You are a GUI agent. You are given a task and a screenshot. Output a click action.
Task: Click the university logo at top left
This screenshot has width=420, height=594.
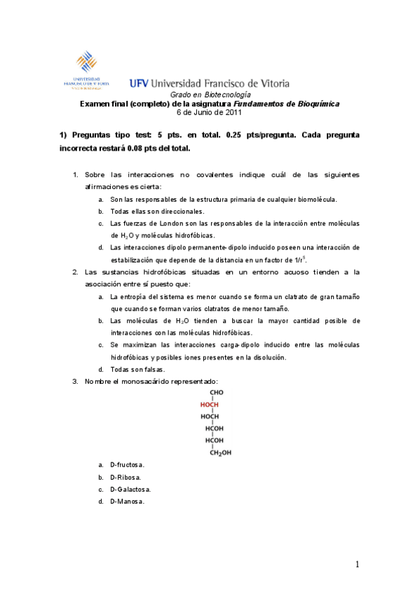86,70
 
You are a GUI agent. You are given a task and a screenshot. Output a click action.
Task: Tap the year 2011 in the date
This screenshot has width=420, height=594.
233,111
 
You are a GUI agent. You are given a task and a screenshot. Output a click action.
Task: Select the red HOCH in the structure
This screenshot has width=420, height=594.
210,405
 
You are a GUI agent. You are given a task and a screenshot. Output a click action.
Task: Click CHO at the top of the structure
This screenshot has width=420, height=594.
216,393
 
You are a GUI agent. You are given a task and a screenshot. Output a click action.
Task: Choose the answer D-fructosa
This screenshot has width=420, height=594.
128,465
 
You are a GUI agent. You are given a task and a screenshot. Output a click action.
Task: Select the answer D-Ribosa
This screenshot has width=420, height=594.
126,477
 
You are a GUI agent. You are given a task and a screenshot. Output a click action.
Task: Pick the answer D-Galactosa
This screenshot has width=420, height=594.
130,489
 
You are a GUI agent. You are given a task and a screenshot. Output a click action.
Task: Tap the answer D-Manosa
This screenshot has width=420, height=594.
128,502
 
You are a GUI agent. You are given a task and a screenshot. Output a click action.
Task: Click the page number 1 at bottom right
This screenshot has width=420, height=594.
358,565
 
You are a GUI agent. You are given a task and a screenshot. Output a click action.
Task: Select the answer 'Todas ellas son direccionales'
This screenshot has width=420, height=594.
157,211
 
